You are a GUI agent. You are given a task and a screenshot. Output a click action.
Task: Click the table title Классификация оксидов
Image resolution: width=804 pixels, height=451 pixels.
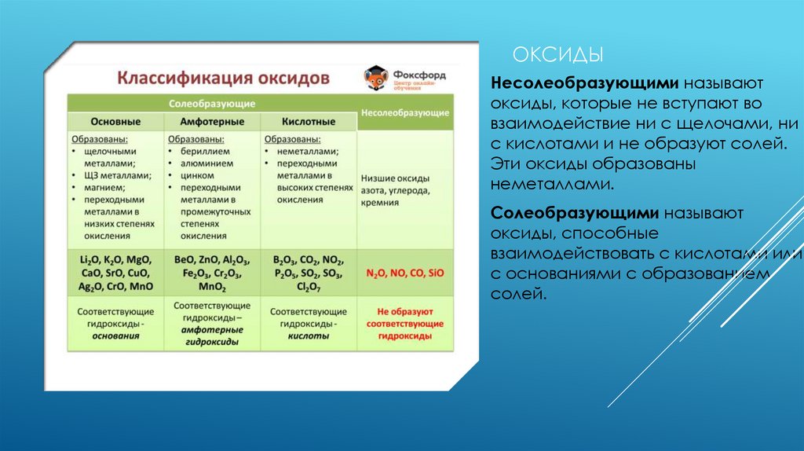coord(224,79)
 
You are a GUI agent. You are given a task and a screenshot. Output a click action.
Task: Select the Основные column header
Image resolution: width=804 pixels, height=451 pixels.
coord(115,123)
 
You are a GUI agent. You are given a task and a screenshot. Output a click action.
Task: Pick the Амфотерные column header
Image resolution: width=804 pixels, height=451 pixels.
coord(211,123)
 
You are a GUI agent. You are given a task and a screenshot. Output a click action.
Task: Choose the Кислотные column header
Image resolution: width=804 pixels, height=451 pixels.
coord(309,123)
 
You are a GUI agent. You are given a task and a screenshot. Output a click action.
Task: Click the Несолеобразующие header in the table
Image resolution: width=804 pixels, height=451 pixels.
coord(404,113)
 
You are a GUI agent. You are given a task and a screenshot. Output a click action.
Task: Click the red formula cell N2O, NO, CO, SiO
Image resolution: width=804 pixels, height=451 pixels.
coord(404,273)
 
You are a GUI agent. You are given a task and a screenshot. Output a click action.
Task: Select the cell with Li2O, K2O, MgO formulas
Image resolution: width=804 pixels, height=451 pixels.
coord(115,273)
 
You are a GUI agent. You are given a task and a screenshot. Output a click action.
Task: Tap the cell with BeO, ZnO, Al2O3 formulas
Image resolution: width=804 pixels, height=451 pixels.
coord(211,273)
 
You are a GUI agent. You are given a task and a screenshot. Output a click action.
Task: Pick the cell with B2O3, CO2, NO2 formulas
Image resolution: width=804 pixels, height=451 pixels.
coord(309,273)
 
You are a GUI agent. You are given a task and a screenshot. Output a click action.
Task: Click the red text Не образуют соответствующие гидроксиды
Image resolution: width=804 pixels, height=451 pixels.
coord(404,323)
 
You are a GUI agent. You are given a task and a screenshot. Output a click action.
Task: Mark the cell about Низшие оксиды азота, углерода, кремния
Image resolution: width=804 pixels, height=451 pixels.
coord(404,190)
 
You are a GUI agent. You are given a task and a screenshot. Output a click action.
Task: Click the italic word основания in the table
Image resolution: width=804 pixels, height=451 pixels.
coord(115,335)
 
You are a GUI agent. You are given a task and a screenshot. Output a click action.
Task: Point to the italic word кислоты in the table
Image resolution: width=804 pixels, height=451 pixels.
coord(309,335)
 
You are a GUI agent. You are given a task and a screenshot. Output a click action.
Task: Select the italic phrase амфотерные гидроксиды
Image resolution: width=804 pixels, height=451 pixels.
coord(211,336)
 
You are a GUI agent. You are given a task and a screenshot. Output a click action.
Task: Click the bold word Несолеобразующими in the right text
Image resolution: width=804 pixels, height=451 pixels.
coord(584,83)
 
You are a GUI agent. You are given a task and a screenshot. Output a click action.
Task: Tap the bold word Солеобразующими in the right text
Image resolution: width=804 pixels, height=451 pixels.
coord(576,214)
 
